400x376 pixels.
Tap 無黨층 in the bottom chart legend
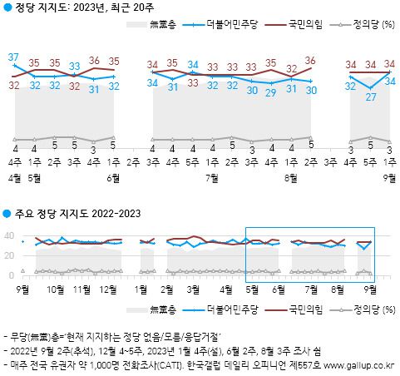162,309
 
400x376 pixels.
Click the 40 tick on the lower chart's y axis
10,235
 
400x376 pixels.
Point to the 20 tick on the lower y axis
10,255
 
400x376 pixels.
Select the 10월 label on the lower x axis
57,289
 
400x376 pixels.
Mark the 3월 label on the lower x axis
193,289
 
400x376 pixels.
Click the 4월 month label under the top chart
15,178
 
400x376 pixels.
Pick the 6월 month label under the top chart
112,178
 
